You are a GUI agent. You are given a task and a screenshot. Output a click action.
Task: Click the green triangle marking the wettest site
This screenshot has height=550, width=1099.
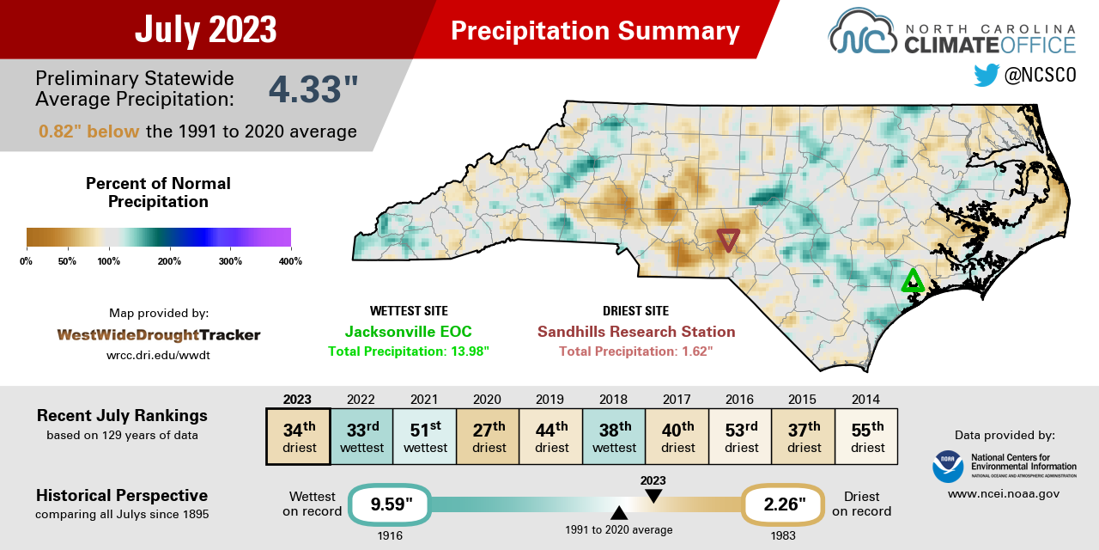point(913,281)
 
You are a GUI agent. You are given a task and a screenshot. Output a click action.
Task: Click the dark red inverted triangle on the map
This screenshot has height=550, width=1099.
point(729,240)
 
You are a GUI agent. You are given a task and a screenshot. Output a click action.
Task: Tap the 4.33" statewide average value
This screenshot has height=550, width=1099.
point(313,89)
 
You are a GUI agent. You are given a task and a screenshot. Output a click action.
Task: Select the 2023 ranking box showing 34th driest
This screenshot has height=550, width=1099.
point(298,436)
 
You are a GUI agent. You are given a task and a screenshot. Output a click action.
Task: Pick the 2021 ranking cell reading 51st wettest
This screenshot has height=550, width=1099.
point(424,436)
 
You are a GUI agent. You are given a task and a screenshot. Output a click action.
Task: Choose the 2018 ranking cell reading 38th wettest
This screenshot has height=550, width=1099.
point(614,436)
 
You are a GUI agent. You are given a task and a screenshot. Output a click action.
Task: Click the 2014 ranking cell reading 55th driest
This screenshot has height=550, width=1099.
point(867,436)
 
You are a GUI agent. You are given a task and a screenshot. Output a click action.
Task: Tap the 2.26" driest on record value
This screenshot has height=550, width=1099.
point(782,504)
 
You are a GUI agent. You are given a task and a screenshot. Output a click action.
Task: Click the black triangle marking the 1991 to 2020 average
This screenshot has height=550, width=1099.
point(618,512)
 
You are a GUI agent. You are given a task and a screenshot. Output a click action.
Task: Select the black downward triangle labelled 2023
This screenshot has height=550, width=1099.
point(653,496)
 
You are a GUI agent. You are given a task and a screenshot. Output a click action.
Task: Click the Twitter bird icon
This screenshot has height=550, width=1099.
point(987,76)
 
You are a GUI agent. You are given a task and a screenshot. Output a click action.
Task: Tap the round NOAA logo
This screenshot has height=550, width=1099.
point(948,466)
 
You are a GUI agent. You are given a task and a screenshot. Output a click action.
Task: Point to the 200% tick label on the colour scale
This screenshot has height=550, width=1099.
point(169,261)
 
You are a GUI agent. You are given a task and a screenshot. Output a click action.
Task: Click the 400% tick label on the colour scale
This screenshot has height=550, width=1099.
point(290,261)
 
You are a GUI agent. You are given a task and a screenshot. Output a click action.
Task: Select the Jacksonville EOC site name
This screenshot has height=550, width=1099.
point(409,332)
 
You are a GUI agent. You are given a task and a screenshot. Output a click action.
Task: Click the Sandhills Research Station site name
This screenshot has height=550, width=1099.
point(636,332)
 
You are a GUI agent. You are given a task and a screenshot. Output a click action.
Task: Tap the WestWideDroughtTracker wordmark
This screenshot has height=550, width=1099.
point(159,335)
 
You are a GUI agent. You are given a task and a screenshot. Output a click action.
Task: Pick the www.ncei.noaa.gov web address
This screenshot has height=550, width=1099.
point(1003,494)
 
